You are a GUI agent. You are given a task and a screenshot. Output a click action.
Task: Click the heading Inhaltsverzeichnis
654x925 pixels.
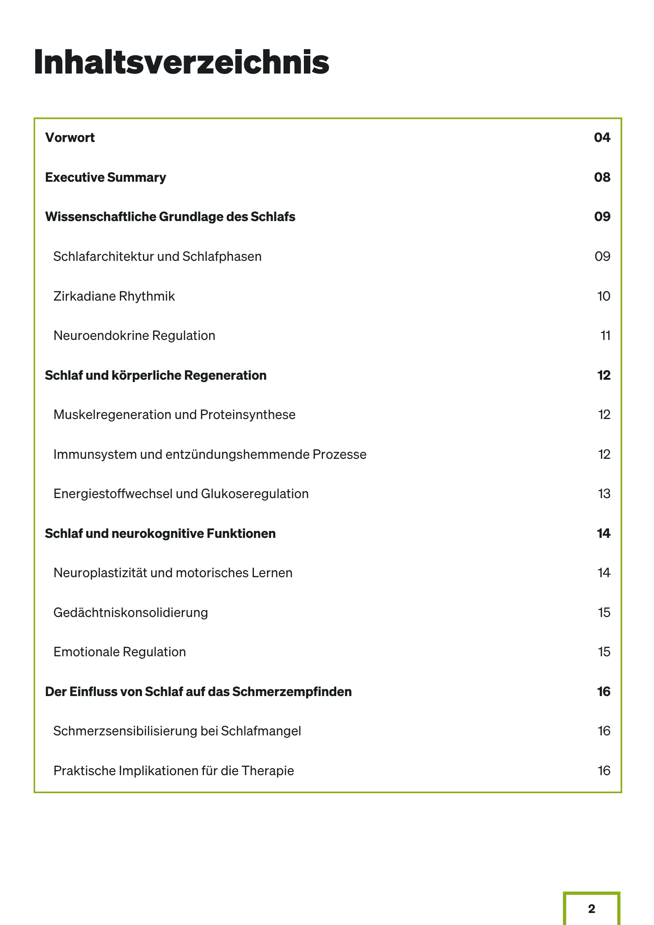tap(181, 62)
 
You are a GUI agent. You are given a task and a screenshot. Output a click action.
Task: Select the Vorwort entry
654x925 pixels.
tap(70, 138)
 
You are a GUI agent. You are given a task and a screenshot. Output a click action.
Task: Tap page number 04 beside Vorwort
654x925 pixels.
tap(602, 138)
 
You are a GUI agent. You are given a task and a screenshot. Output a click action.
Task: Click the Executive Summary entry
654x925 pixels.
tap(105, 178)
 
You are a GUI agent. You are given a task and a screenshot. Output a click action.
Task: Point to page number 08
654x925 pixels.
tap(602, 178)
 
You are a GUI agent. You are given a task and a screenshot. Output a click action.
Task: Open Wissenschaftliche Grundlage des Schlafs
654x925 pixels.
tap(170, 217)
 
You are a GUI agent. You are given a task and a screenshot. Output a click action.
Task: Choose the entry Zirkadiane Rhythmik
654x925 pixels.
tap(114, 296)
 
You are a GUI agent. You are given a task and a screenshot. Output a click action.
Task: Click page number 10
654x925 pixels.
tap(603, 296)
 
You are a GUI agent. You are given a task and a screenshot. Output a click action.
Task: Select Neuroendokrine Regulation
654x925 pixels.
tap(134, 336)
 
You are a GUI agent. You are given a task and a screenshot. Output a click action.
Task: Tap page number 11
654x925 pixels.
tap(605, 336)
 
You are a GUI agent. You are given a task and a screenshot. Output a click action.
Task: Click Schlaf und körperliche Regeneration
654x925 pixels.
tap(155, 375)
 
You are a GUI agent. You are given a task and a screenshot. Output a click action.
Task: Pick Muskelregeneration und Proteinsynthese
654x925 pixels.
tap(174, 415)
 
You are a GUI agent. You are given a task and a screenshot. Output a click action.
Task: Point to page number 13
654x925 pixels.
tap(604, 494)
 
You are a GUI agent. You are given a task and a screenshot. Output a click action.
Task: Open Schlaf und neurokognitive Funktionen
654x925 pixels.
tap(160, 534)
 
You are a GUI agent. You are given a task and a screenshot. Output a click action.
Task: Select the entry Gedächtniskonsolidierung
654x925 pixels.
tap(130, 613)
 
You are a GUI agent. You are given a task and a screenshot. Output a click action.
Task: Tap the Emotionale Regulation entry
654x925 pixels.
tap(119, 652)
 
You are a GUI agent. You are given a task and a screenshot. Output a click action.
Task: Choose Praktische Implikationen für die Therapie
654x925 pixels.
tap(173, 771)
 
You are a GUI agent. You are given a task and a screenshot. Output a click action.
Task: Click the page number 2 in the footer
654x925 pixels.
tap(592, 909)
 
